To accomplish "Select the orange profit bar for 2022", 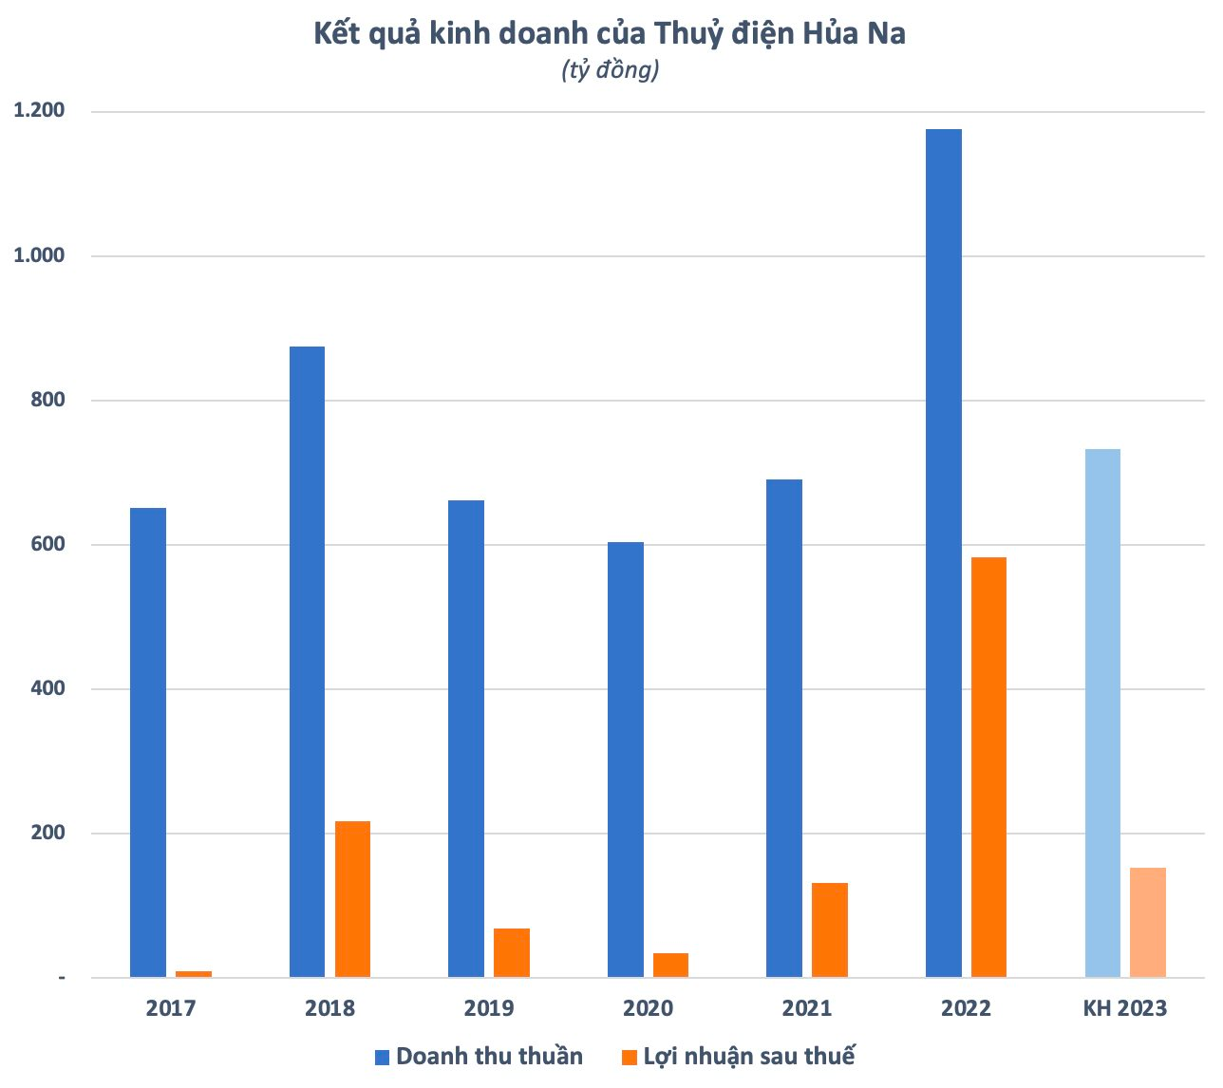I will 988,767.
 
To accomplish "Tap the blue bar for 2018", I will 307,662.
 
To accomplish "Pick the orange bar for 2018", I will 352,899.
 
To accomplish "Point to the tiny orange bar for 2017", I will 194,974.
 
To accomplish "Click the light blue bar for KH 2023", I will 1102,713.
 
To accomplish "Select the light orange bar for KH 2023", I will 1148,922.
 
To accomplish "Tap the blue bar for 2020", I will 625,760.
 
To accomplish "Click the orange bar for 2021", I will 830,929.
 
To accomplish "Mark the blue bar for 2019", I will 466,739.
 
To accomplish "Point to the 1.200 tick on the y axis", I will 39,111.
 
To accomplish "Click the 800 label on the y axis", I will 47,400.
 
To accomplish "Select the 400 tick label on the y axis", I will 47,688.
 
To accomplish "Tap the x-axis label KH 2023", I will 1125,1008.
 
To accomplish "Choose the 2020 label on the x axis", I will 648,1008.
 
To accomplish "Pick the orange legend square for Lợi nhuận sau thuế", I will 629,1058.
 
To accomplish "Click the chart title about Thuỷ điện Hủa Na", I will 610,34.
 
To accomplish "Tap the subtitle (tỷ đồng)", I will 610,70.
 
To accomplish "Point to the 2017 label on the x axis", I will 171,1008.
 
